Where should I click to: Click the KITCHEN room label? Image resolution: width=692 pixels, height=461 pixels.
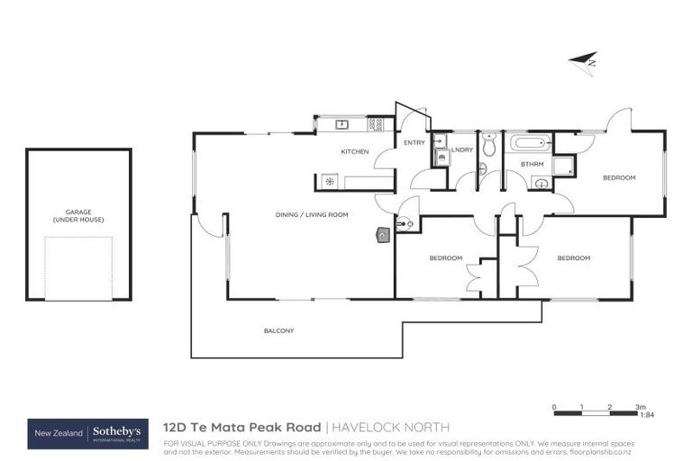pos(354,151)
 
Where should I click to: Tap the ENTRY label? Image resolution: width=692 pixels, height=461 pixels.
pos(414,143)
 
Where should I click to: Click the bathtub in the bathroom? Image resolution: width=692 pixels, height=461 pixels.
pos(529,142)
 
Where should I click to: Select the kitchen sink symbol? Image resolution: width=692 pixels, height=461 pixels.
pos(342,124)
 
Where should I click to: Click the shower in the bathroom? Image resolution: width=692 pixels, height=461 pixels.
pos(563,166)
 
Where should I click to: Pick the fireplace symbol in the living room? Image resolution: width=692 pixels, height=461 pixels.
pos(383,235)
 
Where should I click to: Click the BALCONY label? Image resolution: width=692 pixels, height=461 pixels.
pos(278,330)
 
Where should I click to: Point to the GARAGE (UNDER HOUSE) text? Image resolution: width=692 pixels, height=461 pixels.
pos(78,216)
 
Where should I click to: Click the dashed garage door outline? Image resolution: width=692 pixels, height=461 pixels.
pos(78,267)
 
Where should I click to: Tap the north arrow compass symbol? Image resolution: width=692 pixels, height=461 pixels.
pos(583,60)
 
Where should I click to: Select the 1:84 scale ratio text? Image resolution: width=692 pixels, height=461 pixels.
pos(646,416)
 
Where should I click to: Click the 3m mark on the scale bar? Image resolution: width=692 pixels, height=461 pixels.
pos(641,407)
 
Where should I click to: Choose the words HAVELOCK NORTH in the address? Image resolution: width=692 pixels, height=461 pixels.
pos(389,427)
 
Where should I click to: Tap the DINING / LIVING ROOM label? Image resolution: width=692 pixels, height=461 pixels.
pos(312,214)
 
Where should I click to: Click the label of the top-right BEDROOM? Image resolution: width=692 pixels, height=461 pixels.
pos(619,177)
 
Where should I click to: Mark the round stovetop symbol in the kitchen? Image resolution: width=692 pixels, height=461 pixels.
pos(330,182)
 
